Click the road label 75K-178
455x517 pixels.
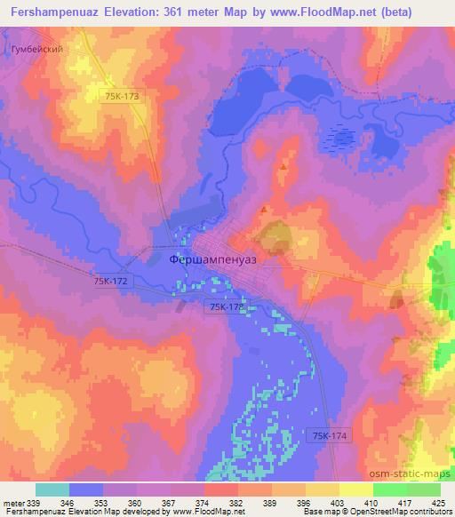pyautogui.click(x=226, y=306)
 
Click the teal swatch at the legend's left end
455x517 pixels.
pyautogui.click(x=52, y=489)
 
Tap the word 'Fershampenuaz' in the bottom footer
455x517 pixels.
pyautogui.click(x=32, y=513)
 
